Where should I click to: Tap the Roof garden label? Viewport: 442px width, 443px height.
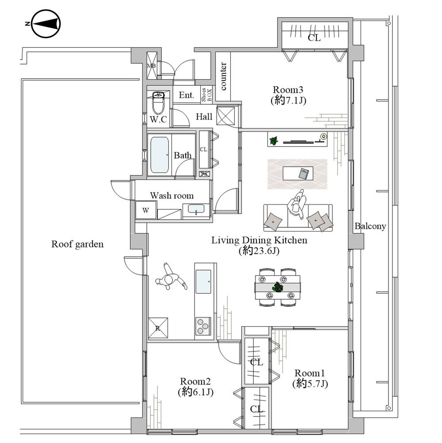[x=77, y=244]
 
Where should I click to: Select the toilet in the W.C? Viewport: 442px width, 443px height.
[x=158, y=103]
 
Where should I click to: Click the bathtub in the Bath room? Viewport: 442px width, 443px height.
[x=159, y=155]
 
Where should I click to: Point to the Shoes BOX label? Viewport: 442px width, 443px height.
[x=207, y=95]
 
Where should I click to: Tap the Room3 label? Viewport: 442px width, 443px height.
[x=288, y=88]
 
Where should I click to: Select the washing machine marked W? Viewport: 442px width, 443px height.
[x=146, y=210]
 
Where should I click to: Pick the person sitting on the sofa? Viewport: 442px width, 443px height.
[x=297, y=205]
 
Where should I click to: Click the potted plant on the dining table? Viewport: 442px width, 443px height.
[x=278, y=287]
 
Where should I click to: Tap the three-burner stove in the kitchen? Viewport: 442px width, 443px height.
[x=203, y=326]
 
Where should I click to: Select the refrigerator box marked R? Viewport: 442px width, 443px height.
[x=158, y=328]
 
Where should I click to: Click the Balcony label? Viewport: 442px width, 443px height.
[x=370, y=226]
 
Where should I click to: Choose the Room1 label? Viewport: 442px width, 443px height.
[x=309, y=372]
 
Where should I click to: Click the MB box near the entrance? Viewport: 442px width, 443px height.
[x=152, y=65]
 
